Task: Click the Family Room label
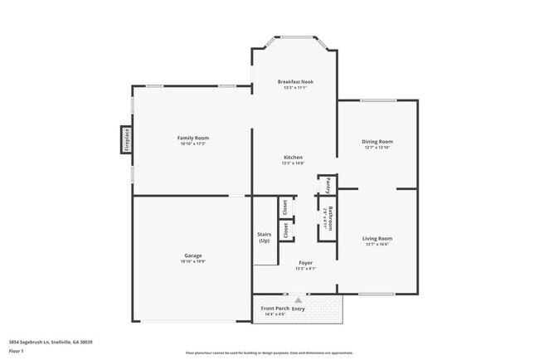click(192, 137)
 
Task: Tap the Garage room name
click(192, 255)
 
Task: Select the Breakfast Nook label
click(295, 81)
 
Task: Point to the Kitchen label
click(293, 157)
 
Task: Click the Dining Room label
click(376, 141)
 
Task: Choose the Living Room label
click(376, 238)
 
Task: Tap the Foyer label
click(306, 262)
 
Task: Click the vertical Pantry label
click(328, 184)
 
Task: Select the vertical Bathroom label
click(330, 217)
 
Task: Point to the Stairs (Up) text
click(265, 237)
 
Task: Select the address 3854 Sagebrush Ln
click(51, 341)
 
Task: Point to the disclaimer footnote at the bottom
click(269, 353)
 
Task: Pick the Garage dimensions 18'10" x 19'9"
click(192, 261)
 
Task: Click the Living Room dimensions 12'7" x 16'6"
click(376, 245)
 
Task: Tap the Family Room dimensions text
click(192, 144)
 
